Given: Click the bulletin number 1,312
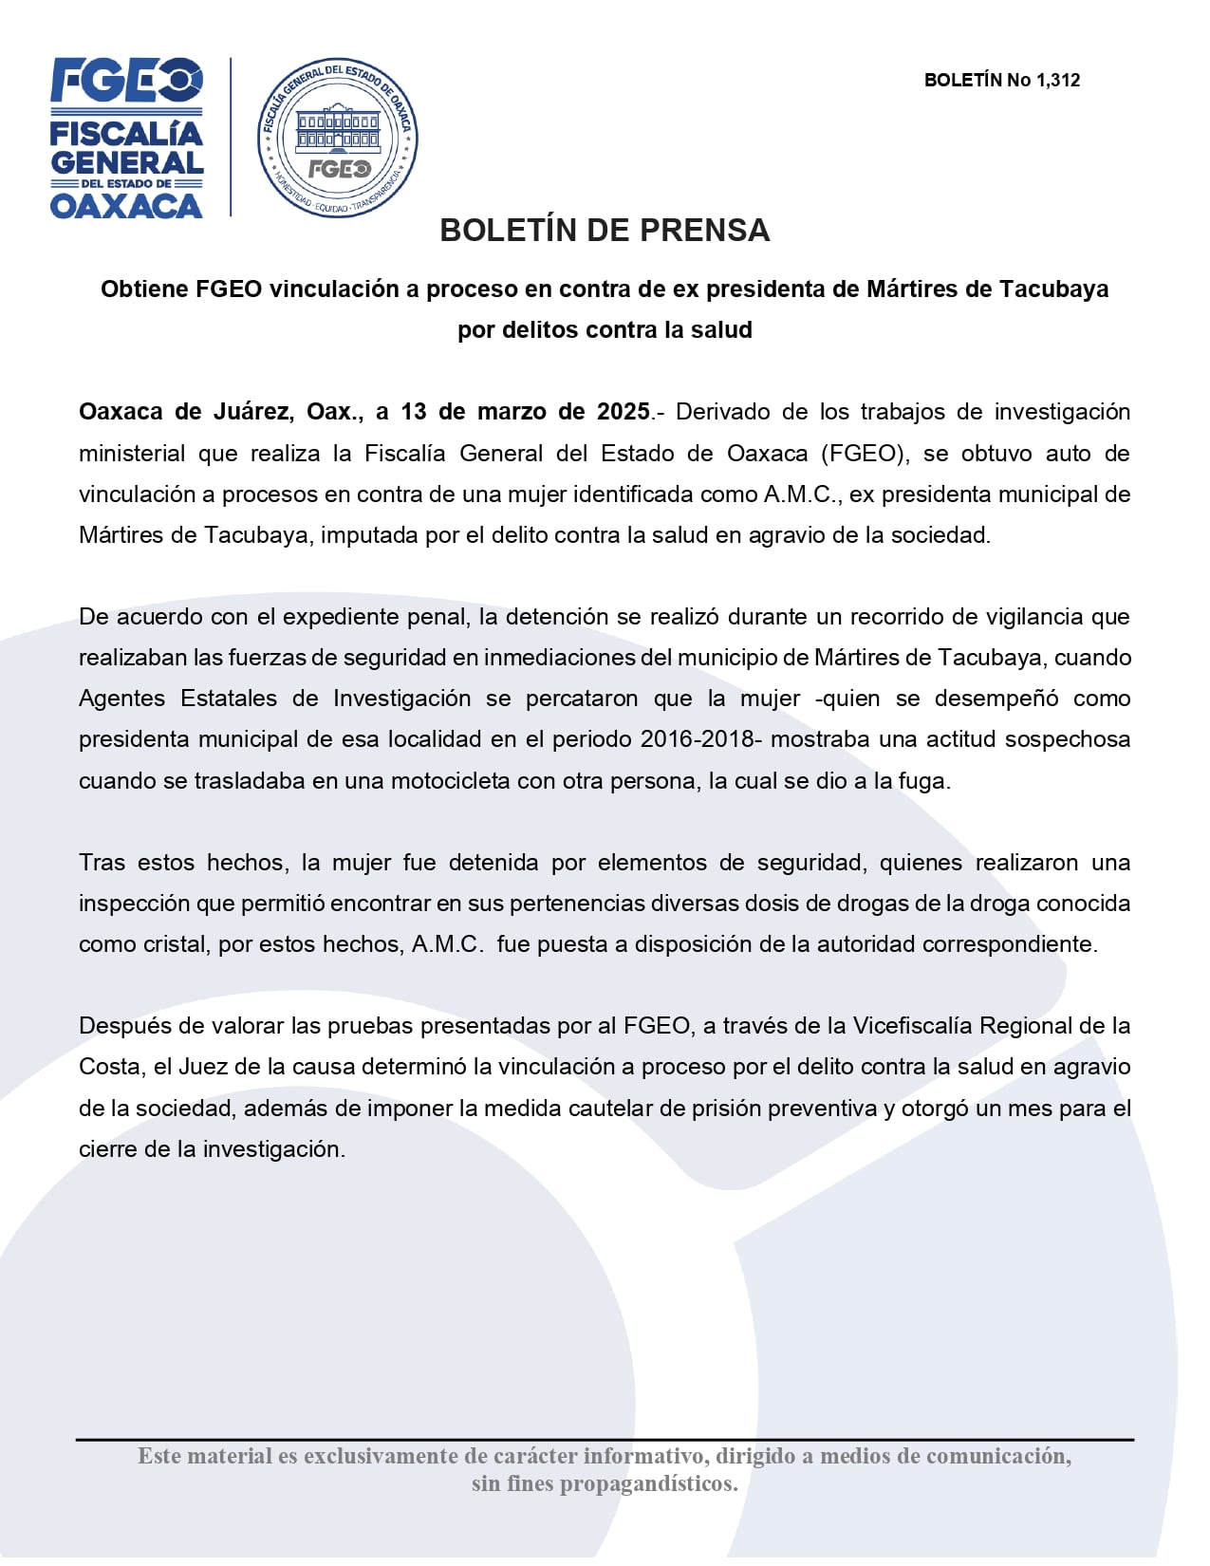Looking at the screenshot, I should pos(1058,80).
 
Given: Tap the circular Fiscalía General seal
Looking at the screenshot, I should pos(338,137).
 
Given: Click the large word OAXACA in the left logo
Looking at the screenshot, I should pos(126,206).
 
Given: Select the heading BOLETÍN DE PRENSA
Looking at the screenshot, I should pos(605,231).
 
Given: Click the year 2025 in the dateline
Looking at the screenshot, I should pos(623,412).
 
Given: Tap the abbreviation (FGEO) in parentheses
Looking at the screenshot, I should pos(863,453).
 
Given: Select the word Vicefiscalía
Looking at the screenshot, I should pos(912,1026).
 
